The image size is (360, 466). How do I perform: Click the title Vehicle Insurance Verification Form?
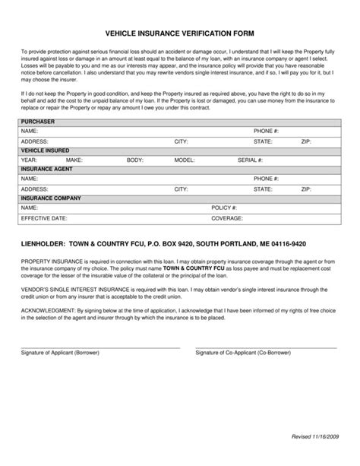click(x=179, y=33)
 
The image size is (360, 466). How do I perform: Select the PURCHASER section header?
click(x=37, y=122)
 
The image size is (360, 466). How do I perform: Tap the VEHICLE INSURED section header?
click(x=44, y=151)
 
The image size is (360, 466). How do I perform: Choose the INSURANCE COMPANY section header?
click(x=50, y=198)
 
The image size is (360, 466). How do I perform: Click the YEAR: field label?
click(x=29, y=160)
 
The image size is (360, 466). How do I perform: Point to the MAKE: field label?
click(x=74, y=160)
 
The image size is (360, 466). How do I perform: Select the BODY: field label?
click(x=134, y=160)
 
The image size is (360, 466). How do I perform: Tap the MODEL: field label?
click(x=185, y=160)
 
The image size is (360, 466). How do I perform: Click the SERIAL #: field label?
click(x=250, y=160)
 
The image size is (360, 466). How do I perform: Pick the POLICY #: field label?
click(x=224, y=208)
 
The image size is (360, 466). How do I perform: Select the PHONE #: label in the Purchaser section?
click(x=267, y=132)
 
